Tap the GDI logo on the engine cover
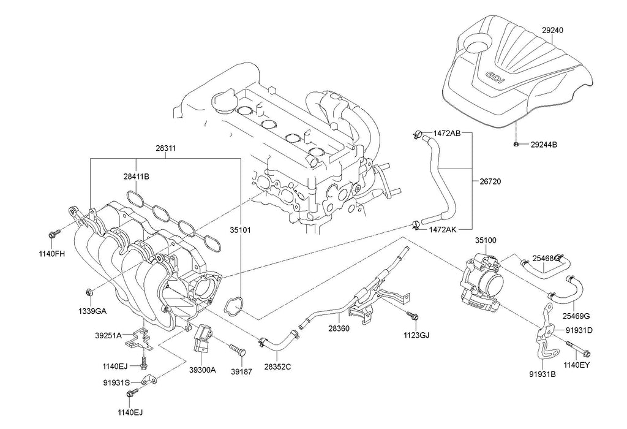click(x=497, y=77)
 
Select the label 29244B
click(x=544, y=145)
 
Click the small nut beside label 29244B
click(x=517, y=145)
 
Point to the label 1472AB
click(x=447, y=133)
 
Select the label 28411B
click(x=136, y=177)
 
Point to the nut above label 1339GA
click(x=89, y=291)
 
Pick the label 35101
click(x=241, y=231)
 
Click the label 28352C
click(x=277, y=366)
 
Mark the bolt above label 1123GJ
click(x=411, y=316)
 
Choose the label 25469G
click(x=576, y=316)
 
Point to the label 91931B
click(x=542, y=373)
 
